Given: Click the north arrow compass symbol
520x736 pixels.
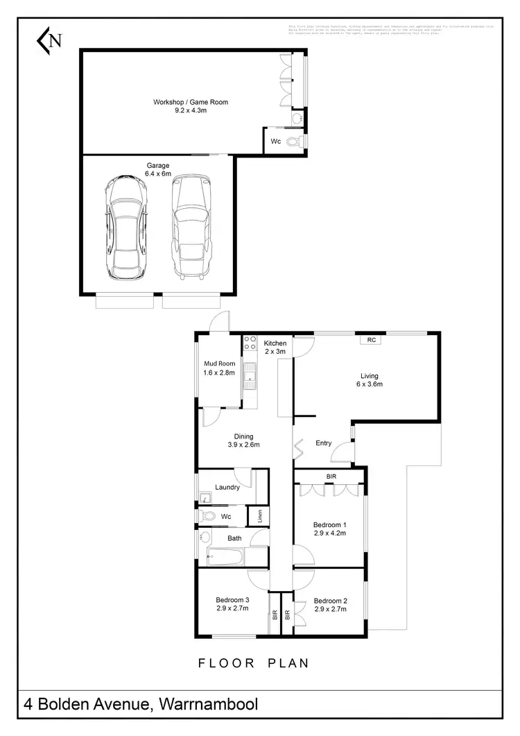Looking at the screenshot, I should coord(49,40).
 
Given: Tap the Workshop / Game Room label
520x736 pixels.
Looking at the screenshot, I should coord(191,103).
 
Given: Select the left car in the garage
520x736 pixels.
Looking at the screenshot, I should coord(125,225).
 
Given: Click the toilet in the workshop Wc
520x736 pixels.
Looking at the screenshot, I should coord(295,142).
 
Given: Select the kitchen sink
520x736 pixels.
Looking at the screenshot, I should coord(250,377).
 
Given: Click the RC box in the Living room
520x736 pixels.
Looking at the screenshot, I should coord(372,340).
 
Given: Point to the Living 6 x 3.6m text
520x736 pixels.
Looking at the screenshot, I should coord(369,380).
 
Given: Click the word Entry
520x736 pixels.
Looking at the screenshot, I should coord(323,443).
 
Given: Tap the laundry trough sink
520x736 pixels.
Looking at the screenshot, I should coord(205,497).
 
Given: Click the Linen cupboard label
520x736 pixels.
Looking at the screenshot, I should coord(259,516).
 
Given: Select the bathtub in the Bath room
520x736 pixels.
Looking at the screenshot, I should coord(225,557).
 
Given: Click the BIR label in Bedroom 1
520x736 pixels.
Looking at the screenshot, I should coord(331,477).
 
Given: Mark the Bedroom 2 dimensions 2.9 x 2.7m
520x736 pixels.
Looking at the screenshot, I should coord(330,609).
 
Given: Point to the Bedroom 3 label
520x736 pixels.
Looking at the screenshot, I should coord(232,600).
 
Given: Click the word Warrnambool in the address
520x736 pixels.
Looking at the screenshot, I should coord(209,705).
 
